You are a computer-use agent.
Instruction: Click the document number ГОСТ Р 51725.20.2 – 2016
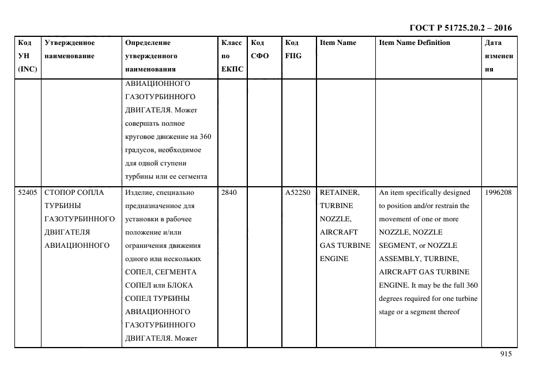tap(460, 28)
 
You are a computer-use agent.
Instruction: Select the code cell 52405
tap(27, 193)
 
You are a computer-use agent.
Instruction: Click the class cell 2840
tap(229, 193)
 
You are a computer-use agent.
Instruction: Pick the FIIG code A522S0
tap(298, 193)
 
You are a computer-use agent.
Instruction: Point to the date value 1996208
tap(499, 193)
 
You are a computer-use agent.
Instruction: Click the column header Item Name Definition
tap(414, 43)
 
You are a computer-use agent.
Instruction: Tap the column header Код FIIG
tap(293, 49)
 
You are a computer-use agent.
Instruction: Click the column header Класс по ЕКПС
tap(232, 56)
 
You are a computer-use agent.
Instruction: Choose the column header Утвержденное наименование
tap(69, 49)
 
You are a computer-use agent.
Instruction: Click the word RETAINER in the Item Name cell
tap(339, 193)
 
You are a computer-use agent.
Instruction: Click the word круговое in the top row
tap(141, 137)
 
